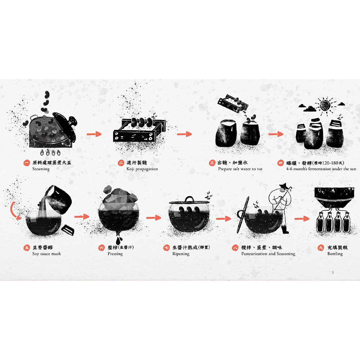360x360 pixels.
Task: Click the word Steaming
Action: click(x=41, y=169)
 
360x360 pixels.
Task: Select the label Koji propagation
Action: click(x=142, y=169)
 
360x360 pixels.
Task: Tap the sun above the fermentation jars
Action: click(x=325, y=105)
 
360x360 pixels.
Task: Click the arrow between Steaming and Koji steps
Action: click(x=94, y=134)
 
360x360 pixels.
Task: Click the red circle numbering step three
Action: click(x=212, y=163)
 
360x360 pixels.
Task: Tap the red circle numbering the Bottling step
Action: click(x=321, y=248)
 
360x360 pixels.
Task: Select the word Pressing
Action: click(x=115, y=254)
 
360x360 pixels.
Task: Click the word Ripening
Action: click(x=181, y=254)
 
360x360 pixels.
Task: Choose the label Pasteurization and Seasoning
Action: click(x=268, y=254)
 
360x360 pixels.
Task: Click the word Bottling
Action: click(x=335, y=254)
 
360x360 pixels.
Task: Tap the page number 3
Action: click(x=333, y=273)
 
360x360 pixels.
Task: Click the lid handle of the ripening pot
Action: click(x=190, y=199)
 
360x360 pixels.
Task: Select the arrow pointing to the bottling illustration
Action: click(x=302, y=219)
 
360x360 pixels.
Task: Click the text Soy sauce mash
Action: click(x=46, y=254)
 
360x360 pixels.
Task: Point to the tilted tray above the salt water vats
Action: click(x=232, y=103)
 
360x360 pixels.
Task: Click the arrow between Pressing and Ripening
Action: click(x=154, y=217)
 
